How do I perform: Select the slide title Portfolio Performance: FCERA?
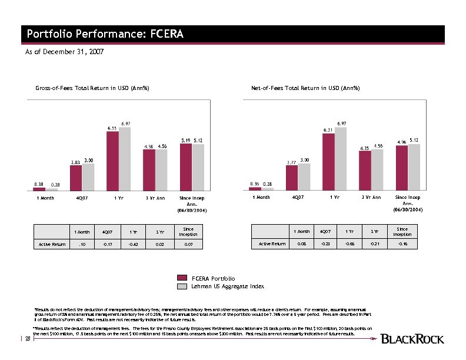click(x=105, y=34)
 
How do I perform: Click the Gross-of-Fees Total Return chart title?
click(x=92, y=88)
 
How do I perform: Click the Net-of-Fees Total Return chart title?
click(x=305, y=88)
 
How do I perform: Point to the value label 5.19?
click(x=185, y=140)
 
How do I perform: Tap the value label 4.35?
click(x=365, y=148)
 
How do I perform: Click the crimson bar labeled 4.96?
click(x=402, y=168)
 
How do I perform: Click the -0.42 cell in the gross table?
click(x=134, y=242)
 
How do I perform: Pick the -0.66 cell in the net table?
click(x=349, y=242)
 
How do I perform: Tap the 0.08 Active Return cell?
click(x=302, y=242)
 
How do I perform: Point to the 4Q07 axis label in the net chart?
click(x=298, y=198)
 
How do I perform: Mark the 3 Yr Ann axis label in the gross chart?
click(x=155, y=198)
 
